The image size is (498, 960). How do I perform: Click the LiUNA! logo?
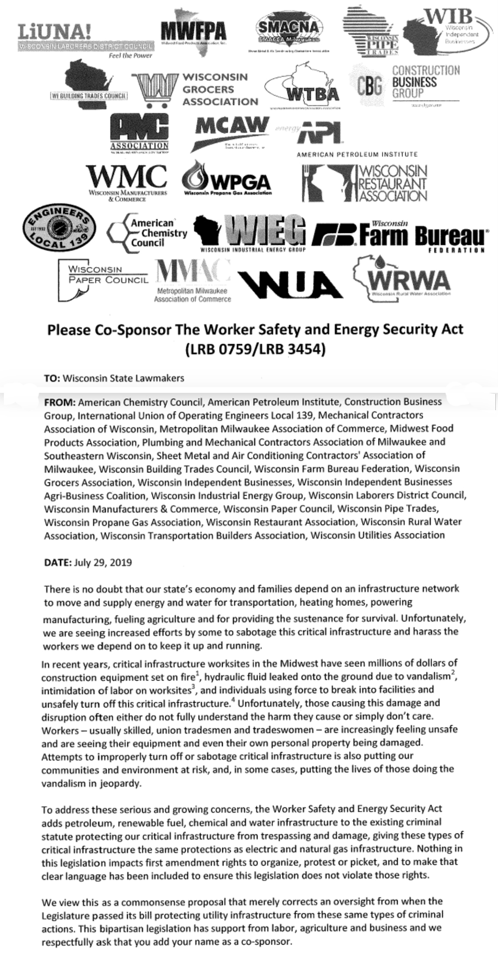85,37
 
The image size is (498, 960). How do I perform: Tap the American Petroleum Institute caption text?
357,154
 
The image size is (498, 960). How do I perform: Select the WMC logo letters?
126,177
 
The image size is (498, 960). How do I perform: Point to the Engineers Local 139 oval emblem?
59,228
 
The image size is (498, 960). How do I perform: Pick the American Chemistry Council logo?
147,233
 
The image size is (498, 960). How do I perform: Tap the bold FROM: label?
60,402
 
